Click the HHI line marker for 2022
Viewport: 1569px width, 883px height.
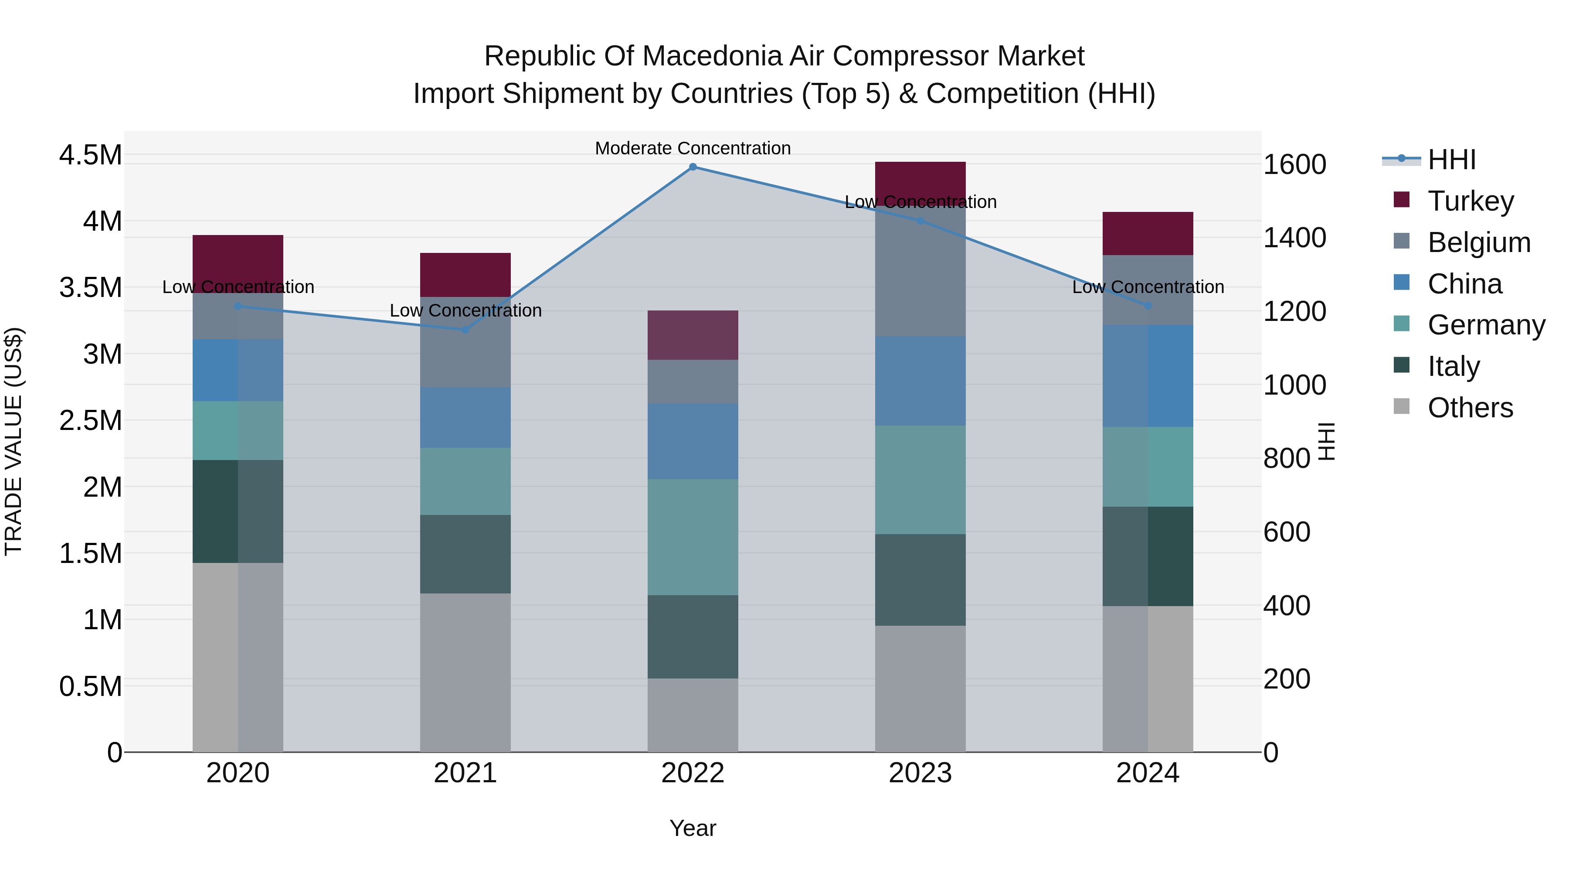coord(693,167)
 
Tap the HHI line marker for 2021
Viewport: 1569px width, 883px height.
coord(465,330)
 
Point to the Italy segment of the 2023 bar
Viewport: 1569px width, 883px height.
coord(920,580)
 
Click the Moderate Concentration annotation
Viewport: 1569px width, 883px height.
coord(693,148)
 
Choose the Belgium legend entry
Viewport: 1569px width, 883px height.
coord(1479,242)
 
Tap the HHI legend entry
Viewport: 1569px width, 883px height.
coord(1451,160)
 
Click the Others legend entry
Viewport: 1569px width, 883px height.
coord(1470,407)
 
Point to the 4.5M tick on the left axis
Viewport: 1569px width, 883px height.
coord(90,155)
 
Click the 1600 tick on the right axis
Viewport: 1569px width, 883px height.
coord(1294,164)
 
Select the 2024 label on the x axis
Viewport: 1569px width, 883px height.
coord(1148,773)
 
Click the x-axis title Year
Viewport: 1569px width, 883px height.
coord(693,828)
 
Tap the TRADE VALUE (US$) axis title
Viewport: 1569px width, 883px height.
coord(14,441)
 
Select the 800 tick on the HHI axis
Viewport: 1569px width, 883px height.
coord(1287,458)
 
